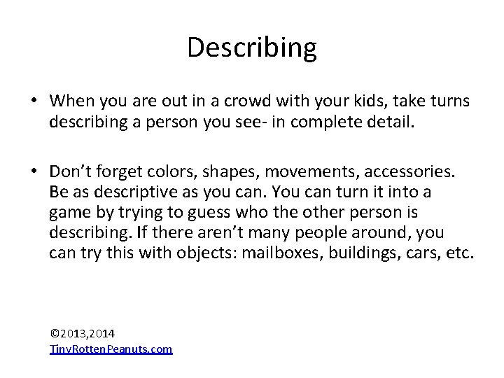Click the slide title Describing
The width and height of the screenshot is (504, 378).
pos(252,48)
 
